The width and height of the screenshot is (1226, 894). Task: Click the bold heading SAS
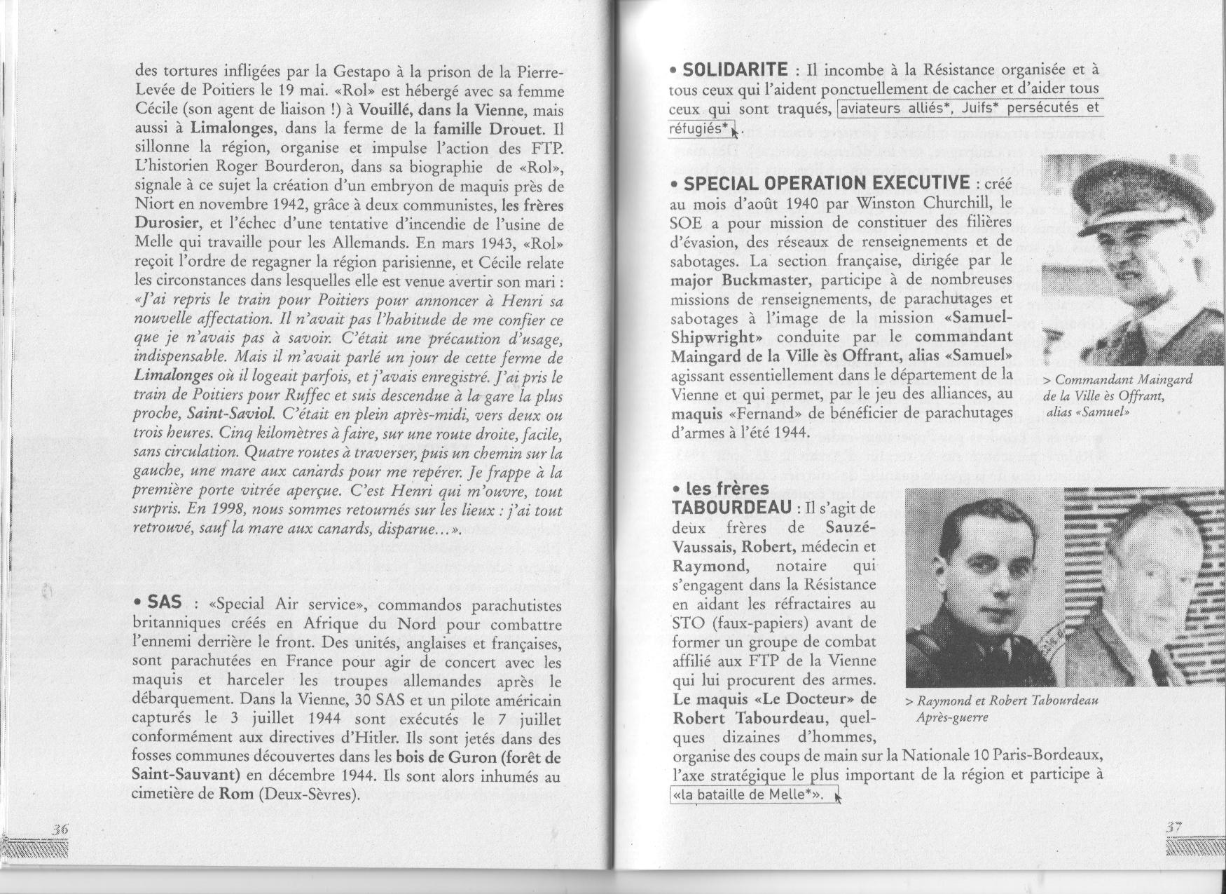pyautogui.click(x=164, y=602)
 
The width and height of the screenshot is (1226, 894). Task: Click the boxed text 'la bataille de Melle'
pyautogui.click(x=754, y=794)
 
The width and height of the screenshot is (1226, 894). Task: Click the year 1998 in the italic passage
pyautogui.click(x=223, y=509)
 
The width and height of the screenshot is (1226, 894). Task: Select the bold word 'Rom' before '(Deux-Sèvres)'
pyautogui.click(x=233, y=794)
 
